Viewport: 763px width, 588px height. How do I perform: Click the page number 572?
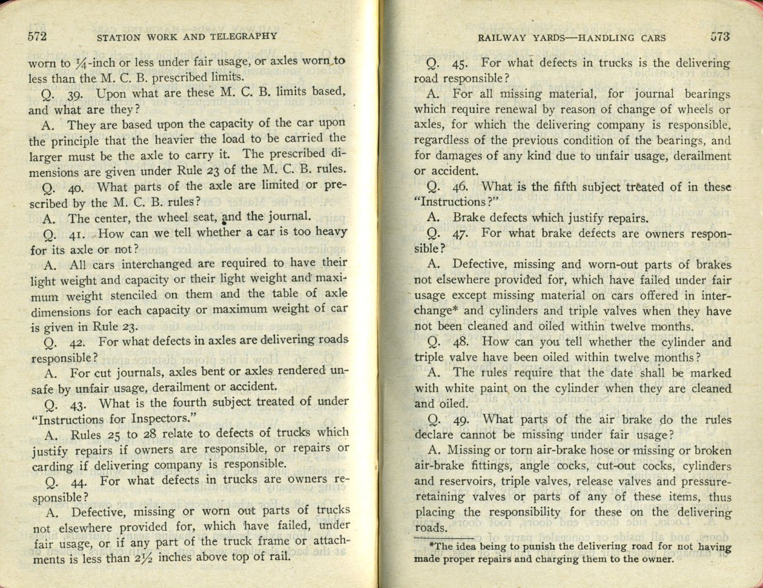point(38,36)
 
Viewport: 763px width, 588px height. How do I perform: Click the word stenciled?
point(127,295)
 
